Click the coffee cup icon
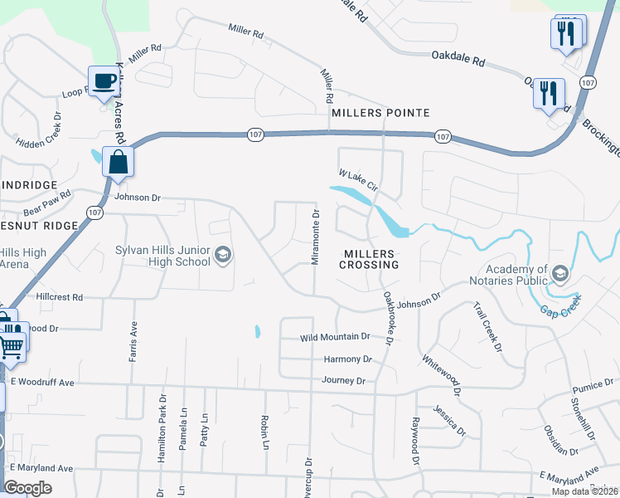coord(104,81)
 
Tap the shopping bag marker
coord(119,161)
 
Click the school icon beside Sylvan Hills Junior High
coord(222,255)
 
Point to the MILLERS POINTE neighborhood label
coord(380,113)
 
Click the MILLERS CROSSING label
coord(369,265)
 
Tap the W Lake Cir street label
coord(358,180)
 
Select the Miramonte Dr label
coord(315,237)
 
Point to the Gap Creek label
coord(559,308)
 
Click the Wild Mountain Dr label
coord(335,337)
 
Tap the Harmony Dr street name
coord(347,359)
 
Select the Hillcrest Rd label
coord(60,296)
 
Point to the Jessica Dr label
coord(448,420)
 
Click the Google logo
coord(27,488)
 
